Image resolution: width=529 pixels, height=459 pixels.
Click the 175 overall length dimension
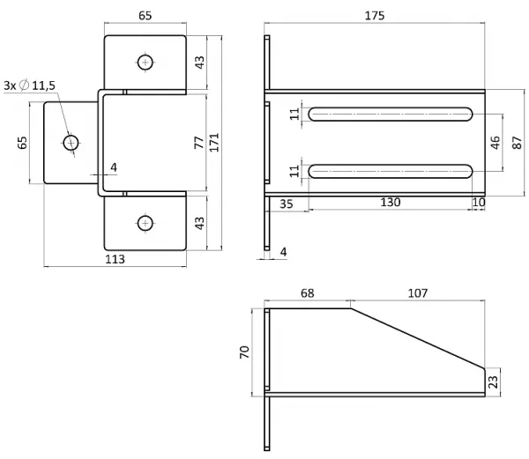375,16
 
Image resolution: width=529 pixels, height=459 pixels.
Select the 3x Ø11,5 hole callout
29,85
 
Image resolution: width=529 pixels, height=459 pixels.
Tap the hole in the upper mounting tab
145,63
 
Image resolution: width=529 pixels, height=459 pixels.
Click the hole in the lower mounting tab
145,223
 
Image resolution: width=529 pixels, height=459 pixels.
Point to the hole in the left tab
71,143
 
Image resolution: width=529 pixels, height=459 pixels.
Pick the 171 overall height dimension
214,142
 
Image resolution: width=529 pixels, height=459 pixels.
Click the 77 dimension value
199,143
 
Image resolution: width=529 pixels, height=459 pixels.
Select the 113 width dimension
115,259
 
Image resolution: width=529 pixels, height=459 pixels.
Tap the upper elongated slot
391,115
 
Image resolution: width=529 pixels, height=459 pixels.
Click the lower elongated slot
391,171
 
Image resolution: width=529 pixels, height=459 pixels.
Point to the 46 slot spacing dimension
495,143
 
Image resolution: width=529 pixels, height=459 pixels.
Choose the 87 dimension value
518,143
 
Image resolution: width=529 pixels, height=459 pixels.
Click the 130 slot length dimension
391,202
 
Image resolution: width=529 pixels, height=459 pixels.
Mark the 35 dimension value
287,204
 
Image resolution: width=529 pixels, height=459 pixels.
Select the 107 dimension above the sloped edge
418,293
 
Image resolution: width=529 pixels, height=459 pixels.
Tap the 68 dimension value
308,293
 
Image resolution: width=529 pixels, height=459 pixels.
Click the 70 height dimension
244,352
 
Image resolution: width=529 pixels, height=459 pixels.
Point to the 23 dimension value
493,381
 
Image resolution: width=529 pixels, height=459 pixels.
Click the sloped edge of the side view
418,338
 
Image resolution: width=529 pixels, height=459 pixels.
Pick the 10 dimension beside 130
479,203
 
